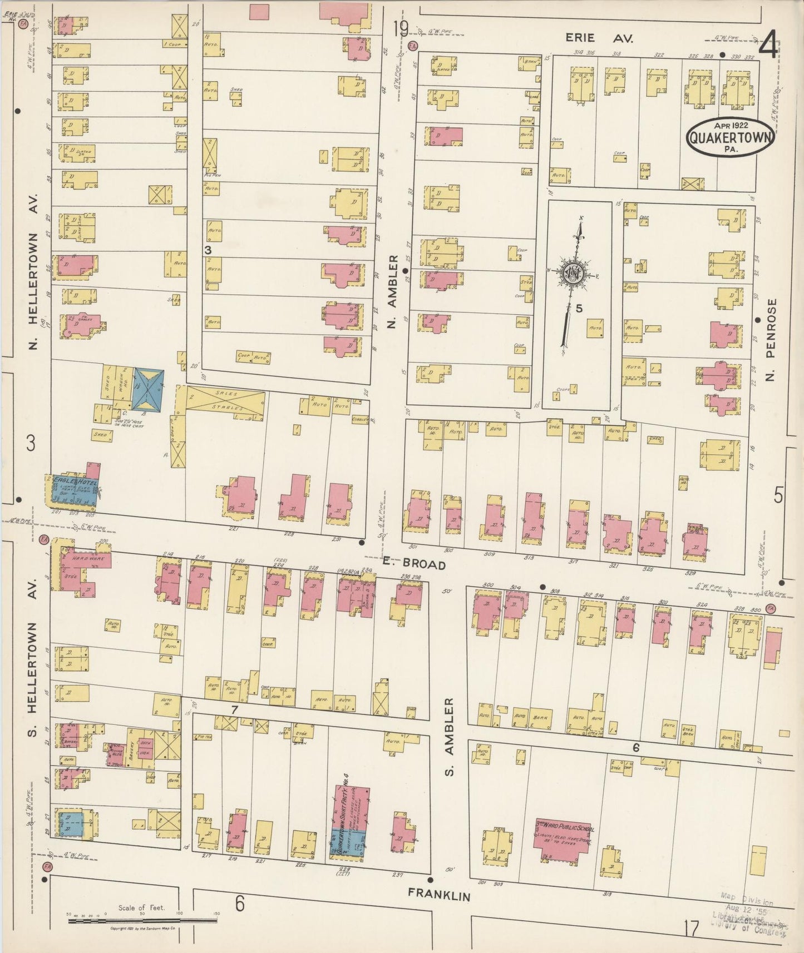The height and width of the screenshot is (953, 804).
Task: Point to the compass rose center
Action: pos(571,272)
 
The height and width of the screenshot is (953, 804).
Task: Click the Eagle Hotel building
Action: pos(74,490)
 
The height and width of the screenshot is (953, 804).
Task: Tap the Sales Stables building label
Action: pos(225,401)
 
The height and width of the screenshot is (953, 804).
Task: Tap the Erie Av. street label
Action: pos(596,38)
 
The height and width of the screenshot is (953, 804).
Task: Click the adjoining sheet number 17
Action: pos(691,929)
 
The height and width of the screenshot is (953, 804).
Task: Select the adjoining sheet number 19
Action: pos(399,28)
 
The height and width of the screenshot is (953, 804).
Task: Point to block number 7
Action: pos(234,710)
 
